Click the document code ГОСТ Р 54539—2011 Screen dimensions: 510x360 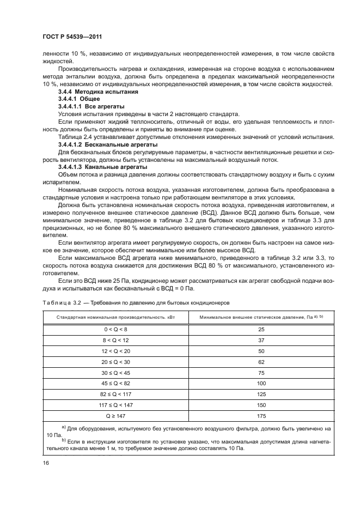coord(72,36)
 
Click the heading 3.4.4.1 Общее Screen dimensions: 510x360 coord(79,100)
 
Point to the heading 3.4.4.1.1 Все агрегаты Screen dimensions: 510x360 coord(91,107)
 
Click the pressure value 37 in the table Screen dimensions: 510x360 coord(261,341)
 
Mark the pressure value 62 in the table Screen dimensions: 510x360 coord(261,361)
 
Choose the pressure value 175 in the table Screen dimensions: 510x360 coord(261,416)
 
